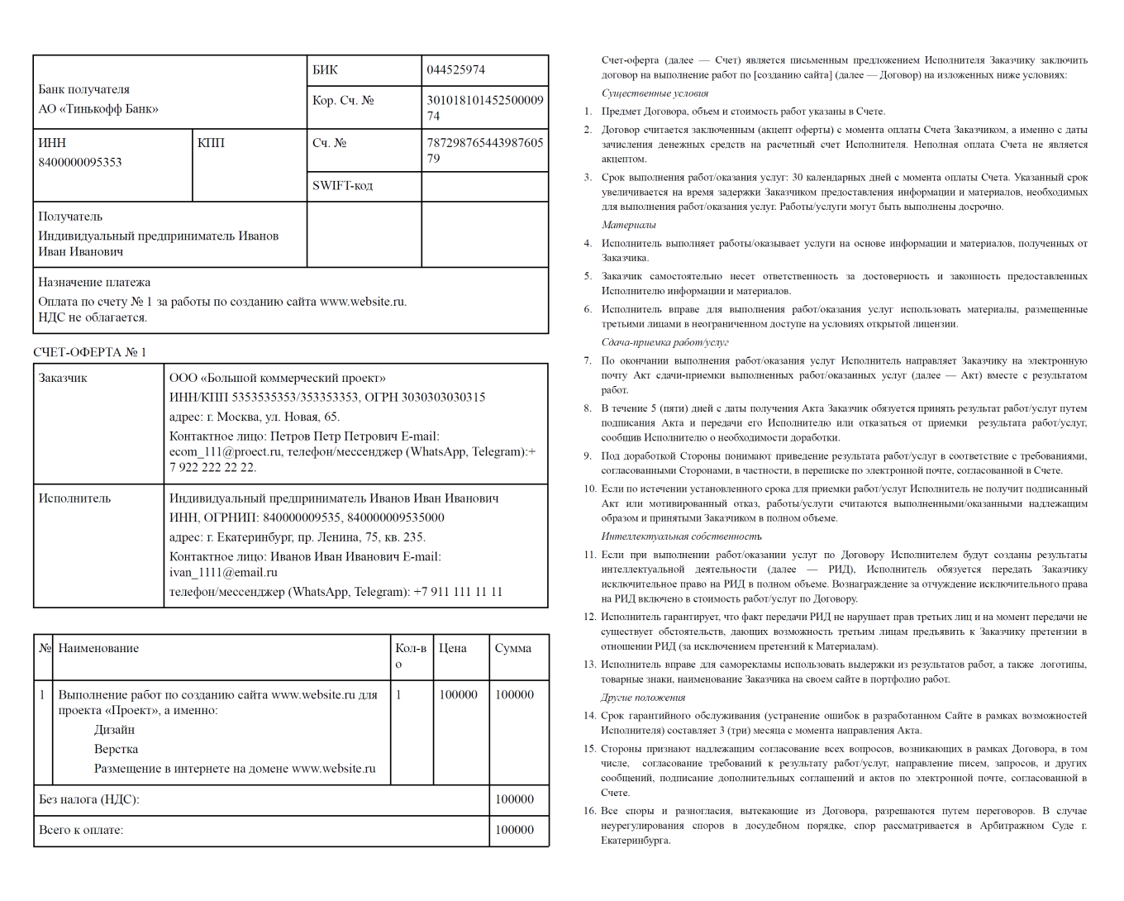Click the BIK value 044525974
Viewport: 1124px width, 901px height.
pyautogui.click(x=455, y=70)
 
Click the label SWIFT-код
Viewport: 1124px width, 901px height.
pyautogui.click(x=342, y=186)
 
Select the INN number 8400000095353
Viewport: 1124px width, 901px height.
pyautogui.click(x=79, y=162)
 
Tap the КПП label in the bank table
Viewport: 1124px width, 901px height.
pyautogui.click(x=211, y=143)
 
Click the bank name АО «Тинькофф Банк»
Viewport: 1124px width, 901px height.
pyautogui.click(x=98, y=109)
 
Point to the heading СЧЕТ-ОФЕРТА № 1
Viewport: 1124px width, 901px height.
pyautogui.click(x=89, y=352)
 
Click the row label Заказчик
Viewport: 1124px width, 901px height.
pyautogui.click(x=63, y=378)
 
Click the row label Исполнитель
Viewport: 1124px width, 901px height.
pyautogui.click(x=74, y=498)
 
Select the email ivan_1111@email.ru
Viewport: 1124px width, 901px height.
pyautogui.click(x=223, y=572)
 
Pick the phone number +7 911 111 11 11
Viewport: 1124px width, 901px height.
pyautogui.click(x=458, y=592)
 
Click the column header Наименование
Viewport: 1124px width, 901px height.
pyautogui.click(x=98, y=648)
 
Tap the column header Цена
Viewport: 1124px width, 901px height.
pyautogui.click(x=452, y=648)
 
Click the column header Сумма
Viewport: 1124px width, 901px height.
pyautogui.click(x=512, y=648)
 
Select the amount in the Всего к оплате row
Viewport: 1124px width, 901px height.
pyautogui.click(x=514, y=830)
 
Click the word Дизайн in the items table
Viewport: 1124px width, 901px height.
pyautogui.click(x=114, y=730)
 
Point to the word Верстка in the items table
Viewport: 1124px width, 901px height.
pyautogui.click(x=116, y=749)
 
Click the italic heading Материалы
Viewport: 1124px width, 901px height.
pyautogui.click(x=628, y=225)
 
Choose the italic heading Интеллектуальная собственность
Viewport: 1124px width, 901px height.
pyautogui.click(x=681, y=536)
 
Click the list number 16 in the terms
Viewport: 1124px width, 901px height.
pyautogui.click(x=589, y=811)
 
